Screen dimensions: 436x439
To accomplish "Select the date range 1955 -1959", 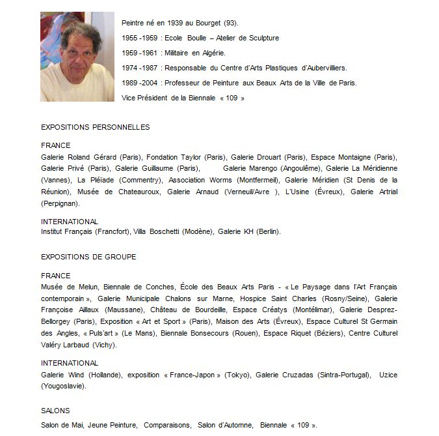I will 139,38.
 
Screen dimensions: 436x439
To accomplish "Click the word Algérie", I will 213,53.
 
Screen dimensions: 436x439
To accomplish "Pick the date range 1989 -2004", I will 139,83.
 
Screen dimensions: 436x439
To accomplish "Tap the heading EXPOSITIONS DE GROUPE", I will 88,257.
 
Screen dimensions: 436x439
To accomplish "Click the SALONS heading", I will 55,411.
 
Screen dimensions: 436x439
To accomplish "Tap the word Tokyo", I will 235,375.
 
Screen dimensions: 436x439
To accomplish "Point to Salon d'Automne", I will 225,426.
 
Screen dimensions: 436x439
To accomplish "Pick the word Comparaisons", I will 167,426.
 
